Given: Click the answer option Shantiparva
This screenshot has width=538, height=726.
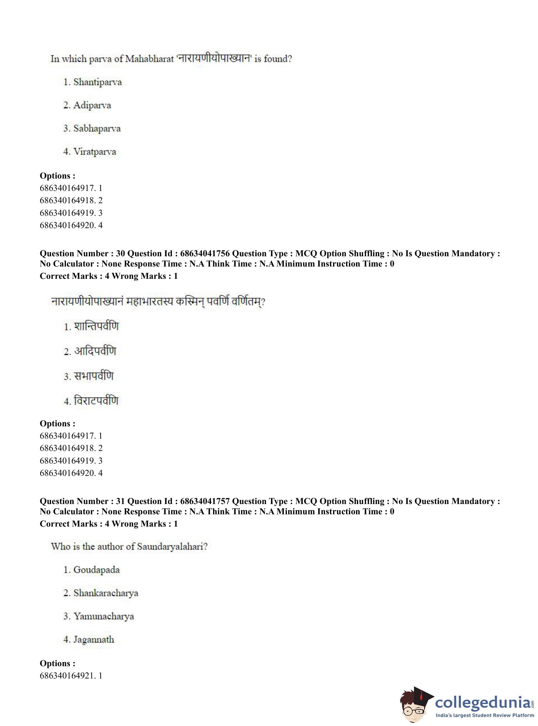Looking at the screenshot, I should coord(97,82).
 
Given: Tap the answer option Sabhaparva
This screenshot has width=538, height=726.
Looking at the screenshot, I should coord(97,128).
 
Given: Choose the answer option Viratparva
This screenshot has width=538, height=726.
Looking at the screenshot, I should coord(94,152).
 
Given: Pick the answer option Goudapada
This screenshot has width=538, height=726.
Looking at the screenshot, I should coord(96,570).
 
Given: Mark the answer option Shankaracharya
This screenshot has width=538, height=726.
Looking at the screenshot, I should coord(105,593).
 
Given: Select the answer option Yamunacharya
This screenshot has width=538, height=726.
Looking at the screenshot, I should coord(103,616).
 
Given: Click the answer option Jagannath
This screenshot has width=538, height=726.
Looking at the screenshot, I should coord(93,639).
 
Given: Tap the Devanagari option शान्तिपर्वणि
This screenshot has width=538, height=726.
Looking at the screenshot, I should coord(96,326).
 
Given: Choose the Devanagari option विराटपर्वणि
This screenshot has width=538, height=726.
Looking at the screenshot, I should coord(96,401).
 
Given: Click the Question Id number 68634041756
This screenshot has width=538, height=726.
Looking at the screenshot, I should coord(205,254).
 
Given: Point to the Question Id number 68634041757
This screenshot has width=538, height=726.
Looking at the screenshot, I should coord(205,501).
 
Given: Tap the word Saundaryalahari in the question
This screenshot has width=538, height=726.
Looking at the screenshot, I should coord(172,547).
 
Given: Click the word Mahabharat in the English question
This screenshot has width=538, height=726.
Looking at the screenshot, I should coord(149,59).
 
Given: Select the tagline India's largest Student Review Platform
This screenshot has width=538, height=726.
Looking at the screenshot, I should coord(485,715).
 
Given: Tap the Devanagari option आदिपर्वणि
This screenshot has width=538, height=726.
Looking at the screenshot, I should coord(95,351).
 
